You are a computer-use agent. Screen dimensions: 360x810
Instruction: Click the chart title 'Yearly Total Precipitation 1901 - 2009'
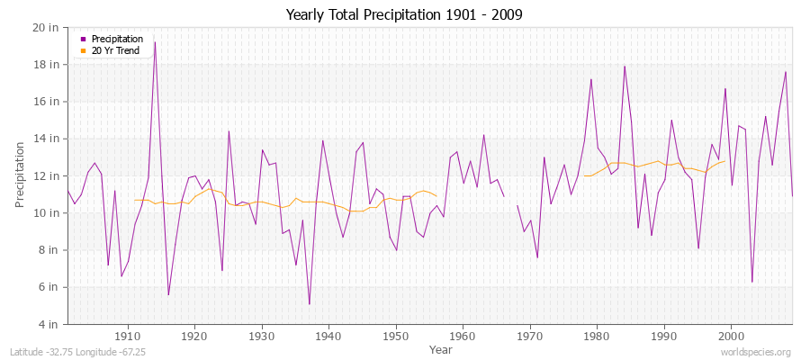click(x=403, y=15)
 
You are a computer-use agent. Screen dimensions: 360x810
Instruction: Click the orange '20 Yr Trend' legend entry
click(x=114, y=50)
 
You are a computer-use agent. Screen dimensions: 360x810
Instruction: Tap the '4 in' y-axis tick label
click(x=49, y=324)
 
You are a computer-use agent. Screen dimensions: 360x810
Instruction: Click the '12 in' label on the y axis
click(x=47, y=175)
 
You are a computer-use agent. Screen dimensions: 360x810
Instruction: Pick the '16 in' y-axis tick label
click(x=47, y=102)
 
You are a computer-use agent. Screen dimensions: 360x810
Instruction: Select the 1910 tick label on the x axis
click(x=128, y=336)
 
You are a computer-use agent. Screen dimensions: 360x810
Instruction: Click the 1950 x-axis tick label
click(x=396, y=336)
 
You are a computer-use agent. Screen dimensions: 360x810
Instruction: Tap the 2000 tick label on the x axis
click(x=731, y=336)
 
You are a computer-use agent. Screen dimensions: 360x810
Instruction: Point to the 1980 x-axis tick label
click(x=597, y=336)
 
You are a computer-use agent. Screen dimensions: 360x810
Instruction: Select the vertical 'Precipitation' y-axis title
click(x=20, y=174)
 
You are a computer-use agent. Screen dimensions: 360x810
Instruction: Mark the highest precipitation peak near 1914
click(x=155, y=42)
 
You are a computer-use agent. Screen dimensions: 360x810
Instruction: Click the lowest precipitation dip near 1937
click(x=309, y=304)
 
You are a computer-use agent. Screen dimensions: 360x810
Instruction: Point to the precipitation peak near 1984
click(x=624, y=66)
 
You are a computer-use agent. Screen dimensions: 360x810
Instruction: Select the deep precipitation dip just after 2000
click(x=751, y=282)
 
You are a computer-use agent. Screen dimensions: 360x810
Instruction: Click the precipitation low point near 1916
click(x=168, y=294)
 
